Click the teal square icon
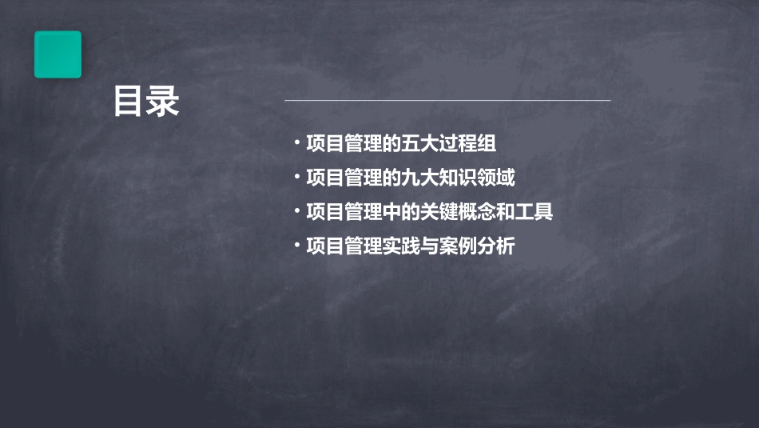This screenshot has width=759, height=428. click(58, 54)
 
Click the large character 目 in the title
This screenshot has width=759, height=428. click(129, 102)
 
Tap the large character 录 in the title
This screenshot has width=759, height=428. click(164, 102)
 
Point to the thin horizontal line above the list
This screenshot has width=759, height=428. click(447, 101)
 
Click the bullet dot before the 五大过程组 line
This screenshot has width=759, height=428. click(296, 143)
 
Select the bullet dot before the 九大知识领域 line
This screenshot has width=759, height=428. click(296, 177)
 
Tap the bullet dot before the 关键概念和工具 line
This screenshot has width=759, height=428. click(296, 211)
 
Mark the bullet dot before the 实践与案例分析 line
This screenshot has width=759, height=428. click(296, 246)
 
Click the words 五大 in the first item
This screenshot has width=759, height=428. click(419, 145)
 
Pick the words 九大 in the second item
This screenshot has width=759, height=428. click(419, 178)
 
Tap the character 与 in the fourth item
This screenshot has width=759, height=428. click(429, 247)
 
